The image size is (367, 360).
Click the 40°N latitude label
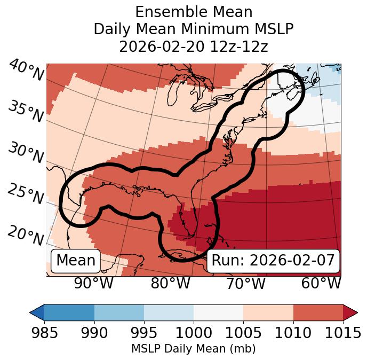pos(26,71)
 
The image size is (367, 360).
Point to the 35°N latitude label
pos(26,111)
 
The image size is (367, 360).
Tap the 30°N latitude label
pos(26,153)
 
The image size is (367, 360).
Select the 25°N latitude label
pos(26,194)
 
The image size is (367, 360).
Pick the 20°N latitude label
pos(26,234)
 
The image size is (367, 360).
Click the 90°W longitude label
pos(94,283)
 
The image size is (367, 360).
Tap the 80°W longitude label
pos(170,283)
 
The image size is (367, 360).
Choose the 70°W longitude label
pos(245,283)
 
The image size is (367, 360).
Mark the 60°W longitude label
pos(321,283)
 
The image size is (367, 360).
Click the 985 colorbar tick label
pos(44,333)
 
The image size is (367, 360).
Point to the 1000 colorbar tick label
pos(194,333)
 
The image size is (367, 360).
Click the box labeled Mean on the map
pos(76,261)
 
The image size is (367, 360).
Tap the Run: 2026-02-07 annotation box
pos(273,261)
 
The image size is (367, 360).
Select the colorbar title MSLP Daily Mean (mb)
pos(194,349)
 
